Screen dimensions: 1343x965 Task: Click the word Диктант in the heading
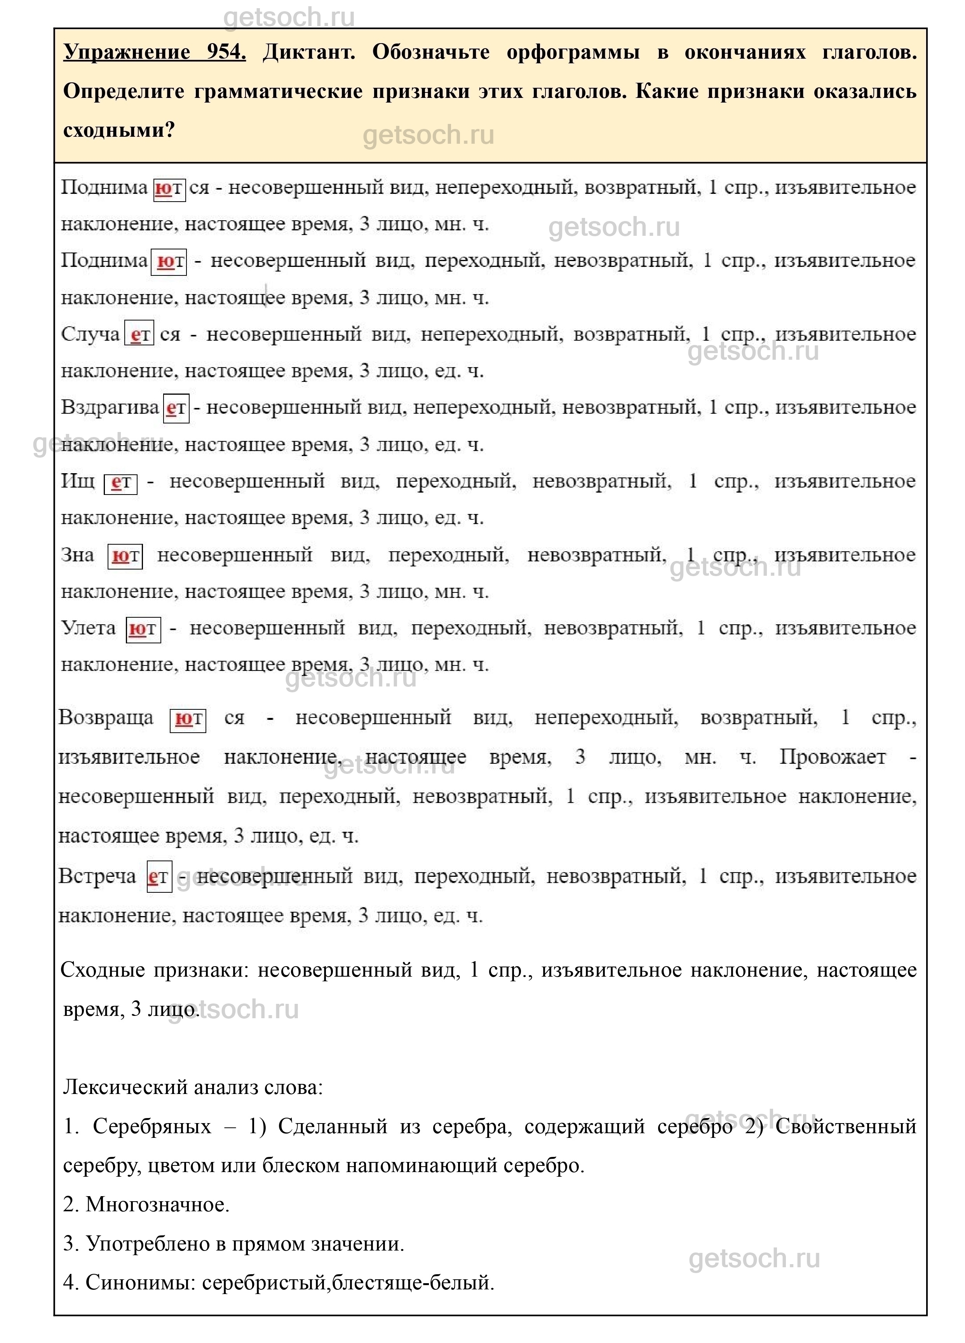[x=308, y=52]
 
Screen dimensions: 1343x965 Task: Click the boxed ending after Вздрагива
[x=176, y=408]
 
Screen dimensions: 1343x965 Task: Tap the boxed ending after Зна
[x=125, y=556]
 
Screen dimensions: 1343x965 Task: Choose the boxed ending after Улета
[x=143, y=629]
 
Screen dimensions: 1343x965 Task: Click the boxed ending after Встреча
[x=159, y=876]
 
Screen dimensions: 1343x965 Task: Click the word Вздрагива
[x=110, y=408]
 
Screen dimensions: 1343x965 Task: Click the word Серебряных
[x=152, y=1126]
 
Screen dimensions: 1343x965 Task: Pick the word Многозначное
[x=157, y=1204]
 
